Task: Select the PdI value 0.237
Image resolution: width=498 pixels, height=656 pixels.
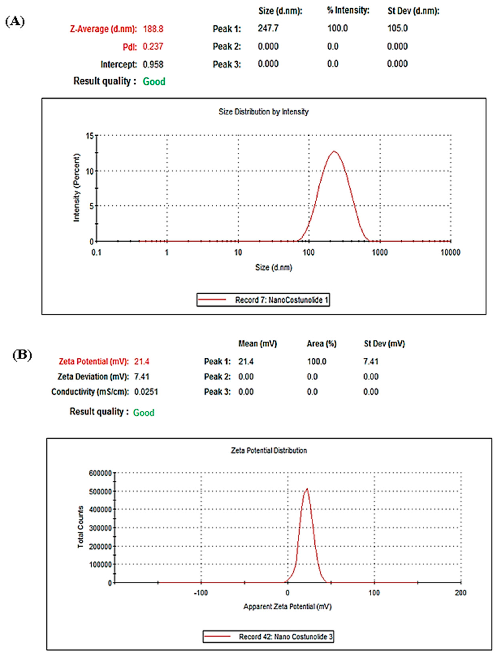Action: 153,47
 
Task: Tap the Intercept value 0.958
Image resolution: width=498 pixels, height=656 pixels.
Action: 153,64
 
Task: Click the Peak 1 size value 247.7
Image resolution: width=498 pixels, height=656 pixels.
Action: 268,29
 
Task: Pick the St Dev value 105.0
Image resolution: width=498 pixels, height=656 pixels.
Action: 397,29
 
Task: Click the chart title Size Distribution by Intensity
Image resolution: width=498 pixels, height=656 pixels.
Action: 263,112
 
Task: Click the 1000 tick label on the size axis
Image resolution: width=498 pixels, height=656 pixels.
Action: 380,253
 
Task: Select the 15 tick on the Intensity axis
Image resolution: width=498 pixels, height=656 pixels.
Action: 90,136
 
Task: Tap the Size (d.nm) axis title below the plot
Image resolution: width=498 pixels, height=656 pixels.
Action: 274,268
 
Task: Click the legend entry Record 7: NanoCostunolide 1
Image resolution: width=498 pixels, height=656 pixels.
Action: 263,300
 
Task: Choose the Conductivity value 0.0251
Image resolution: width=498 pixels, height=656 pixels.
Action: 146,392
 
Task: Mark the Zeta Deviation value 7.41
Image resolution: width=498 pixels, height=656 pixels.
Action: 142,377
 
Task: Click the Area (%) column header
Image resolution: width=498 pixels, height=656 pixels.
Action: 321,344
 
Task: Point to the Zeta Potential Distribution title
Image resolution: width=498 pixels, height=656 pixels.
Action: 269,451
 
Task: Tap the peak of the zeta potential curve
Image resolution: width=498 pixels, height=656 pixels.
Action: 307,489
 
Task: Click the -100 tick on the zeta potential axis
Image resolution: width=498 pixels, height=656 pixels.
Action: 201,593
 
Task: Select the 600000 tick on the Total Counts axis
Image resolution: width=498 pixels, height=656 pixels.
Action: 100,473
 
